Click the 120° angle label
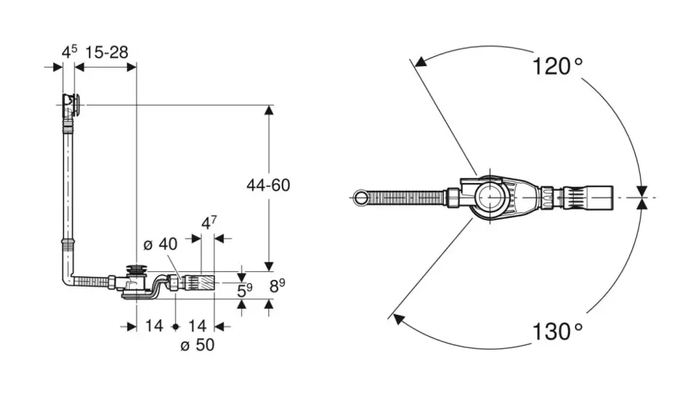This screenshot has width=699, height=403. pyautogui.click(x=557, y=66)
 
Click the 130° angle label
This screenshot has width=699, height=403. pyautogui.click(x=557, y=332)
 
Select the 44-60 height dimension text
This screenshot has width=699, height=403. pyautogui.click(x=269, y=185)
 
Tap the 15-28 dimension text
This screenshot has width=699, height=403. pyautogui.click(x=106, y=52)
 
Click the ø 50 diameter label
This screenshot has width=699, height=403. pyautogui.click(x=197, y=345)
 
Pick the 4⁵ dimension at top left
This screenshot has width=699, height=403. pyautogui.click(x=69, y=52)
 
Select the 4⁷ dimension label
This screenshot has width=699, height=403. pyautogui.click(x=209, y=222)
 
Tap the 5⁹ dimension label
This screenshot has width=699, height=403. pyautogui.click(x=245, y=291)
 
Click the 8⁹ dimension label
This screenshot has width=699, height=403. pyautogui.click(x=277, y=285)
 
